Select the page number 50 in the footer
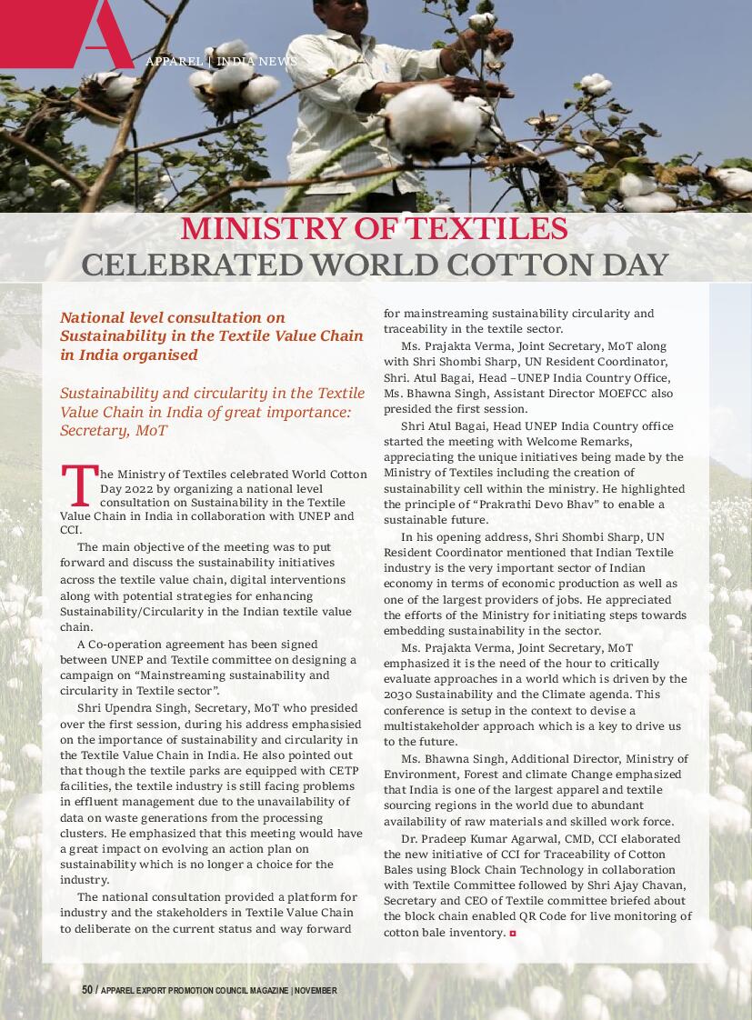[x=87, y=990]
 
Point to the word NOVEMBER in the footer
[x=316, y=990]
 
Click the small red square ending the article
[x=513, y=934]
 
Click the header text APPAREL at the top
[x=174, y=62]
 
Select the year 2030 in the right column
[x=398, y=695]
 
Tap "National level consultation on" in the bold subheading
[x=173, y=317]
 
